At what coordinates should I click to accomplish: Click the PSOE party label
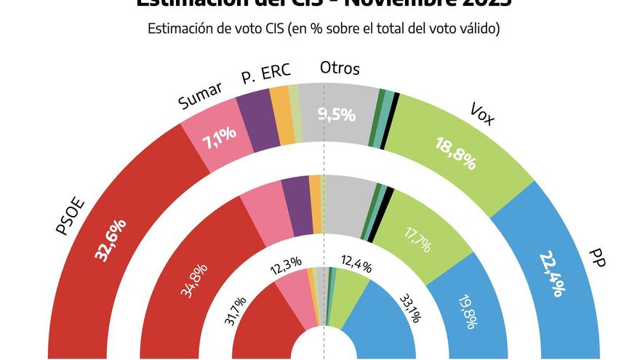point(71,216)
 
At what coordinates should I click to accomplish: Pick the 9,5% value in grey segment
point(337,114)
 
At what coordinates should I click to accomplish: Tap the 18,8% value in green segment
point(455,153)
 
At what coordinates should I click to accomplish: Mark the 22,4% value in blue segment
point(551,273)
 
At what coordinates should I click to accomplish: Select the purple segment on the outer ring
point(258,121)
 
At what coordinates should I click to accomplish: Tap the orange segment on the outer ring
point(281,114)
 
